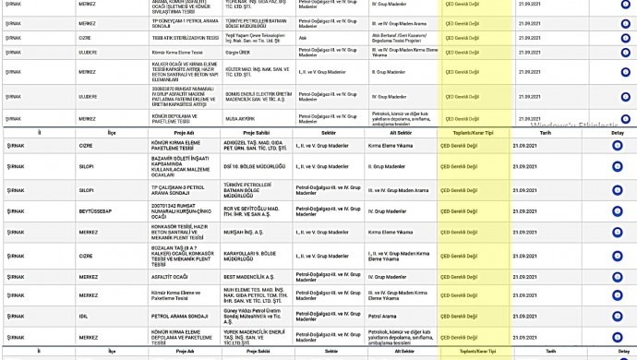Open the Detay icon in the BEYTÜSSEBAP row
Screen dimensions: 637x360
pyautogui.click(x=617, y=210)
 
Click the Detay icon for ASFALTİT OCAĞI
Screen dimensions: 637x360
pyautogui.click(x=617, y=275)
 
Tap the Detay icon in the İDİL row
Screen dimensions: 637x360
pyautogui.click(x=617, y=316)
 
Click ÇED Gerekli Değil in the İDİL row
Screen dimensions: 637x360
pyautogui.click(x=460, y=316)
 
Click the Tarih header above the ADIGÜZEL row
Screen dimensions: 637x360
pyautogui.click(x=545, y=132)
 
